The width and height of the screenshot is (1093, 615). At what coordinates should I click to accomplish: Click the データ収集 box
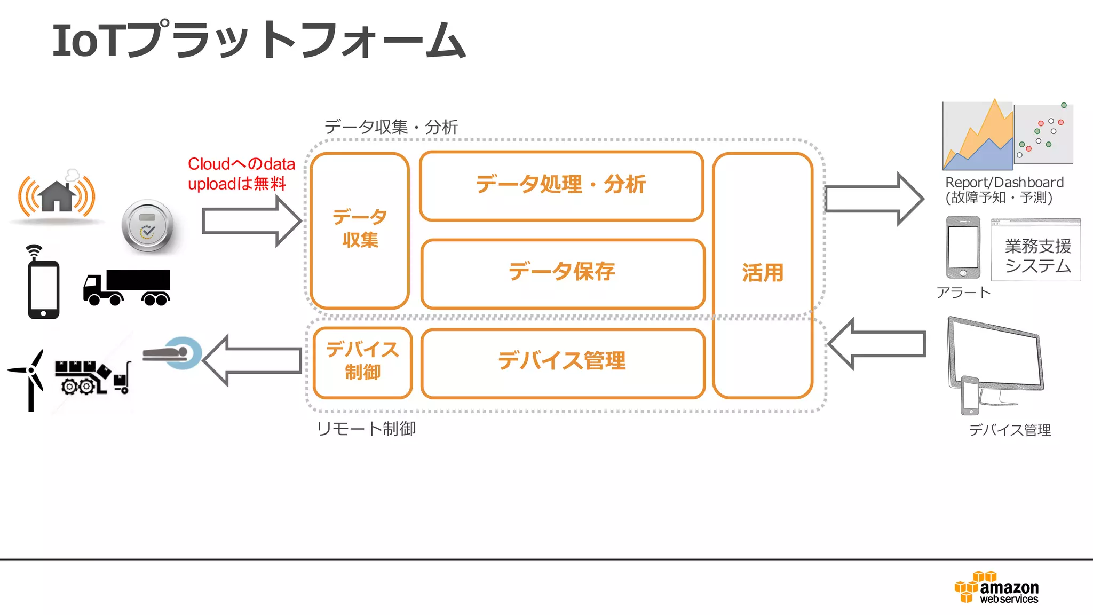tap(360, 230)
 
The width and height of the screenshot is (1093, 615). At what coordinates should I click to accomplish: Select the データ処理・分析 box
tap(561, 186)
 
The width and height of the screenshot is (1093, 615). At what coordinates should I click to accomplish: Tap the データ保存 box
tap(563, 273)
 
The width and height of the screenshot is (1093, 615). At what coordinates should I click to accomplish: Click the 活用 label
tap(763, 273)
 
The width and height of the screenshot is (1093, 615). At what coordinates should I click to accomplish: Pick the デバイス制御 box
tap(362, 362)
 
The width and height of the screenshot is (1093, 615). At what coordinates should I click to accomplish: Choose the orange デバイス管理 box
tap(563, 362)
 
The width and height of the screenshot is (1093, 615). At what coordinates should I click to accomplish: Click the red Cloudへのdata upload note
tap(241, 174)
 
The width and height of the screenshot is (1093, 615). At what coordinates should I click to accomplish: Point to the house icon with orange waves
tap(57, 196)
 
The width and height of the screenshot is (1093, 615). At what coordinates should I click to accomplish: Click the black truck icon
tap(127, 287)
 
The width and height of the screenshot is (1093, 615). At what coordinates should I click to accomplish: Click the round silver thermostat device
tap(147, 226)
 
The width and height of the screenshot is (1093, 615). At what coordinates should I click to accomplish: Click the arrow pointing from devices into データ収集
tap(251, 221)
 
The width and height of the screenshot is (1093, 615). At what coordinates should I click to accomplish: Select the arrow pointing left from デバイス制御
tap(252, 360)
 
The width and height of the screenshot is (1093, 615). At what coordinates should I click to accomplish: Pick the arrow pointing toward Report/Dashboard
tap(873, 199)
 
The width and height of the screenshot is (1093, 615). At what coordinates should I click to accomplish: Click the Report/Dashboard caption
tap(1003, 190)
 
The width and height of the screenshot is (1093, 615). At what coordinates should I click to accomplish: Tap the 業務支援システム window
tap(1036, 250)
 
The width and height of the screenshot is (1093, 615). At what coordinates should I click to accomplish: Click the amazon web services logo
tap(996, 588)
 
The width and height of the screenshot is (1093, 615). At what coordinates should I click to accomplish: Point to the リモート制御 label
tap(366, 429)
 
